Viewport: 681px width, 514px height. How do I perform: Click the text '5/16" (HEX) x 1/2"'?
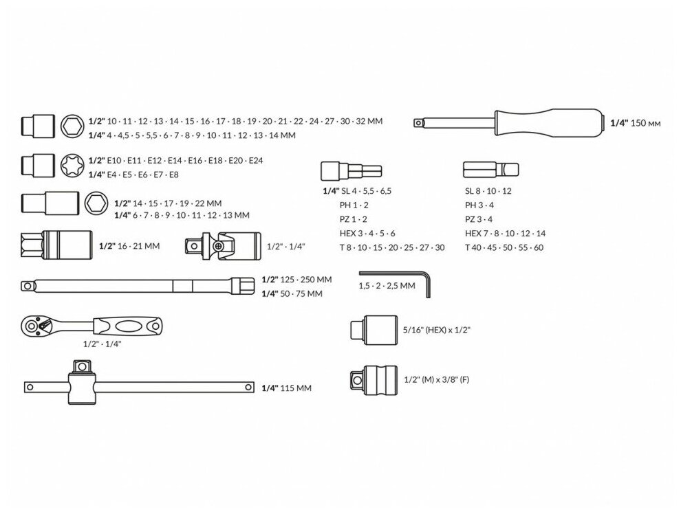point(436,330)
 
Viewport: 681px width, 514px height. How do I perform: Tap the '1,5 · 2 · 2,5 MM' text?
point(387,285)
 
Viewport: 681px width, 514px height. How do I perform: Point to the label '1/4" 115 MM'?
point(286,388)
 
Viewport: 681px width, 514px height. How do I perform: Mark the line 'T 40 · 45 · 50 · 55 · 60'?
point(504,247)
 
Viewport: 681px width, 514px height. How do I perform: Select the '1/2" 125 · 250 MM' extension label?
point(296,280)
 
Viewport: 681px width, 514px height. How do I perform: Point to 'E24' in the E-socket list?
point(256,160)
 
